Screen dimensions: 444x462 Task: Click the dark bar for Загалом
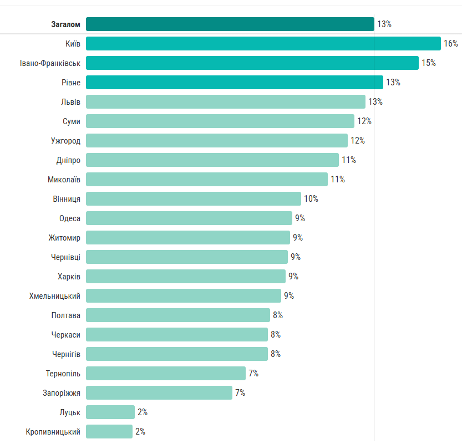[x=230, y=24]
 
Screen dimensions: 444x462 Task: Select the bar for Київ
[x=263, y=44]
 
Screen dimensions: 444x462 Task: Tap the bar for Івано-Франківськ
[x=252, y=63]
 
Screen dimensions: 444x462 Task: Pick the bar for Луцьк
[x=110, y=412]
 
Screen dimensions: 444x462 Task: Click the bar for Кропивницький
[x=109, y=432]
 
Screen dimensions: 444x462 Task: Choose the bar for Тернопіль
[x=165, y=374]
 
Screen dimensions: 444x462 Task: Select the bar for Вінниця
[x=193, y=199]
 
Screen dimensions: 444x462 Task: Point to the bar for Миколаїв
[x=206, y=180]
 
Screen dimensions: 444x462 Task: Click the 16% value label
[x=450, y=44]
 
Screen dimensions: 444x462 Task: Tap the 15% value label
[x=428, y=63]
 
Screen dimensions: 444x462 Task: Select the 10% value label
[x=311, y=199]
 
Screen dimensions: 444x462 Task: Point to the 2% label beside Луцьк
[x=143, y=412]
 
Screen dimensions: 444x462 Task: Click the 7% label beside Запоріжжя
[x=240, y=393]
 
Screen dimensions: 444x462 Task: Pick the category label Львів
[x=70, y=102]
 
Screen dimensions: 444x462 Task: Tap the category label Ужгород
[x=65, y=141]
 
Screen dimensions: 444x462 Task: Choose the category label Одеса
[x=70, y=218]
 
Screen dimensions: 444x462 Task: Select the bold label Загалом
[x=66, y=24]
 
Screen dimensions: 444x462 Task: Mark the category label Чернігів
[x=67, y=354]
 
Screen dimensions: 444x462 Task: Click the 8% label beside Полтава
[x=278, y=315]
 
